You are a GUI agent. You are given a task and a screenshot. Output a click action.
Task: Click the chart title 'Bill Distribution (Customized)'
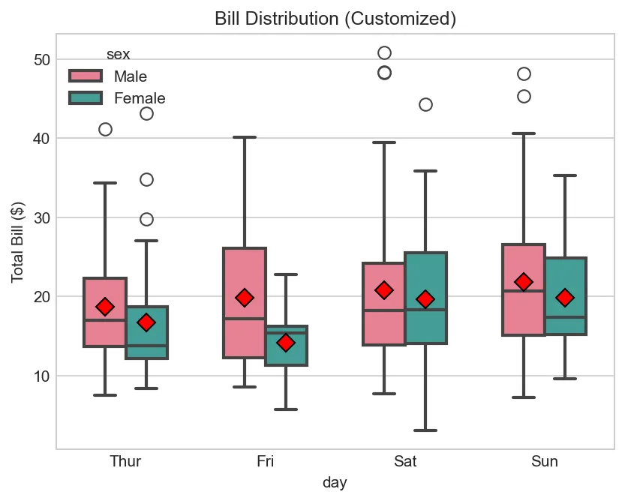tap(335, 19)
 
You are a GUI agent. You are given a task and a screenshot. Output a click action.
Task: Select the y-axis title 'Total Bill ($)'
tap(17, 242)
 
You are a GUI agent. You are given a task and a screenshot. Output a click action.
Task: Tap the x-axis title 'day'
tap(335, 482)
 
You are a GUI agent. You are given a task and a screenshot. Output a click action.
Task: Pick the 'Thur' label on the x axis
tap(125, 461)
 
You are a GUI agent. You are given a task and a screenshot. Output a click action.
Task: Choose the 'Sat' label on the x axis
tap(404, 461)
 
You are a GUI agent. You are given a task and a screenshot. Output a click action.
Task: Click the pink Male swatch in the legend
tap(85, 76)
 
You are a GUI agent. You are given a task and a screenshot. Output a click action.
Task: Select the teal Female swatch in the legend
tap(85, 97)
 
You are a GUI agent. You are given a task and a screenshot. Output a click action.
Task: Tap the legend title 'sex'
tap(118, 54)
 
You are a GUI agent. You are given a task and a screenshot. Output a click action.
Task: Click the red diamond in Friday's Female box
tap(286, 343)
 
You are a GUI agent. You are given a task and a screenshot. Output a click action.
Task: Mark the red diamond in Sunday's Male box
tap(524, 282)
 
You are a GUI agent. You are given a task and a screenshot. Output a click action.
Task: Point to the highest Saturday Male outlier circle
tap(384, 52)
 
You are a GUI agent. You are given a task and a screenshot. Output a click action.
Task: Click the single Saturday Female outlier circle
tap(425, 104)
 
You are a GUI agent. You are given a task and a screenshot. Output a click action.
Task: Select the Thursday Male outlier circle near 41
tap(105, 129)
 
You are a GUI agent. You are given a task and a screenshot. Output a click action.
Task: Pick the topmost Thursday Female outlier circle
tap(146, 113)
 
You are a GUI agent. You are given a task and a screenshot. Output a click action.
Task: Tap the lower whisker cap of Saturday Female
tap(425, 430)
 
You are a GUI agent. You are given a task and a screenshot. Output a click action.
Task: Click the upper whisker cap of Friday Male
tap(245, 137)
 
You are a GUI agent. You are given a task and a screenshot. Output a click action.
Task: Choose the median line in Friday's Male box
tap(245, 319)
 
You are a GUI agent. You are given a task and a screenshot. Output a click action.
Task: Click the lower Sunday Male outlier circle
tap(524, 96)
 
